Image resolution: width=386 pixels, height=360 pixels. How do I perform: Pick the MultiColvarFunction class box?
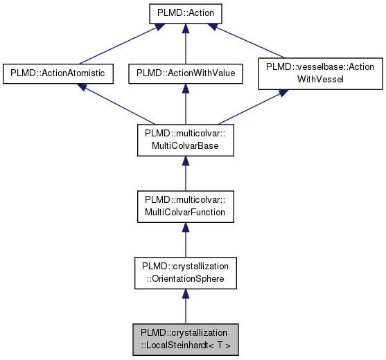(x=184, y=206)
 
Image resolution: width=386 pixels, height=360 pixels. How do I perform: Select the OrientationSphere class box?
(x=184, y=273)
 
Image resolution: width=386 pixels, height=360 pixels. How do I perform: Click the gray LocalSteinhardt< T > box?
(x=184, y=339)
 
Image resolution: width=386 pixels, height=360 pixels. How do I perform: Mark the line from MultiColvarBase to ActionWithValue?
(x=184, y=107)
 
